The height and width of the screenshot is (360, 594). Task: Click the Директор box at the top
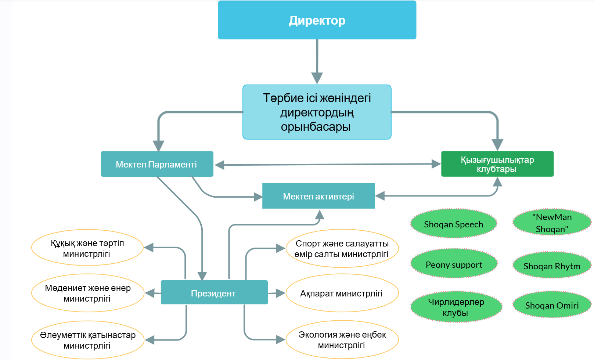pyautogui.click(x=317, y=20)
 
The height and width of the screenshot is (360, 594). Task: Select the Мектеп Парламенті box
pyautogui.click(x=157, y=164)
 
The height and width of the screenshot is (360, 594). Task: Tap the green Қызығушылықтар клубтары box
pyautogui.click(x=497, y=164)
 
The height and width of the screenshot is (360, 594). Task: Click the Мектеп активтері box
pyautogui.click(x=318, y=196)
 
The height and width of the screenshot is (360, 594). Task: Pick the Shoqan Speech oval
pyautogui.click(x=453, y=224)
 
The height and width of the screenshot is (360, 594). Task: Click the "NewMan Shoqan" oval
pyautogui.click(x=552, y=222)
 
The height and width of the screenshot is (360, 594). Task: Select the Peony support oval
pyautogui.click(x=454, y=264)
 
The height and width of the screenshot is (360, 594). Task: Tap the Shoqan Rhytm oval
pyautogui.click(x=552, y=266)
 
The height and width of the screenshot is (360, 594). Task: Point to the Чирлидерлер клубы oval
pyautogui.click(x=456, y=307)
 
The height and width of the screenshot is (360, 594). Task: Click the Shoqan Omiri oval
pyautogui.click(x=552, y=305)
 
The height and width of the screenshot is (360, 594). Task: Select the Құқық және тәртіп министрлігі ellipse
pyautogui.click(x=87, y=248)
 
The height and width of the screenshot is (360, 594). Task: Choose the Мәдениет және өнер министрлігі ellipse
pyautogui.click(x=87, y=293)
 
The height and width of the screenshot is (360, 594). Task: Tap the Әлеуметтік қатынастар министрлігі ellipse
pyautogui.click(x=87, y=340)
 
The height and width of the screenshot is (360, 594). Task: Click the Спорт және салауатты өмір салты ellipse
pyautogui.click(x=342, y=249)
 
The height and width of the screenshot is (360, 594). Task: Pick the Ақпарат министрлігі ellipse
pyautogui.click(x=342, y=293)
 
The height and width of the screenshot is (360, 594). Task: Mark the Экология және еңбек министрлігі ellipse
pyautogui.click(x=342, y=339)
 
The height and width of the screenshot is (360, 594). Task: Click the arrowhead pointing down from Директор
pyautogui.click(x=317, y=78)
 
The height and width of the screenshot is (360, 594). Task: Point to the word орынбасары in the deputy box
pyautogui.click(x=316, y=127)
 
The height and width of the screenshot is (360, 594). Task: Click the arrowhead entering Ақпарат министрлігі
pyautogui.click(x=281, y=293)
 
